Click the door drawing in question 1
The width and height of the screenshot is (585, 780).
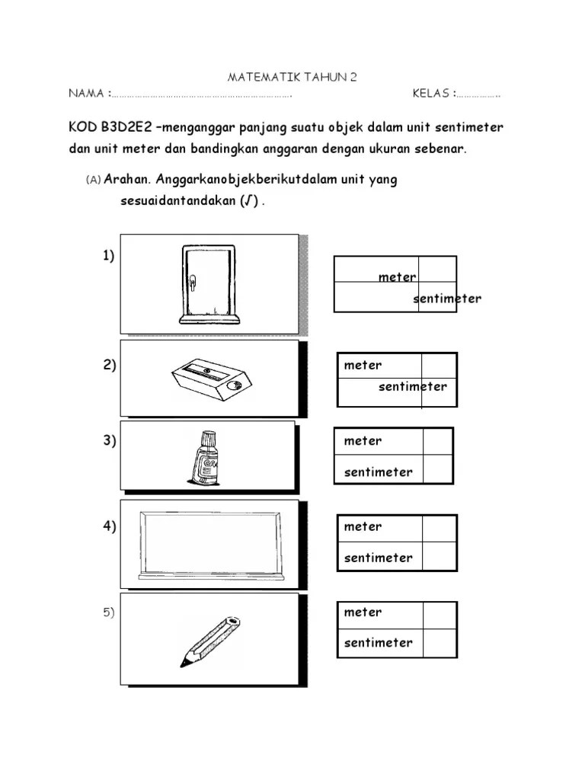206,282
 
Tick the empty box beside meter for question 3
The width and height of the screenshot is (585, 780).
438,442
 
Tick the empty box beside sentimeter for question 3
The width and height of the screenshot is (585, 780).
438,470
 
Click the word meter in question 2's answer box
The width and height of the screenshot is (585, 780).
363,366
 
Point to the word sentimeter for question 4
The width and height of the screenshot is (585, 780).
378,558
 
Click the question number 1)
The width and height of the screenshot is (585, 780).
109,256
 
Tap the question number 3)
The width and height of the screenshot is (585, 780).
109,442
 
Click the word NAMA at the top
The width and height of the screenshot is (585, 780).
86,94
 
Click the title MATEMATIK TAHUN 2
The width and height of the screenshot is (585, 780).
292,78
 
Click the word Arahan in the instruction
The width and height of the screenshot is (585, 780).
128,181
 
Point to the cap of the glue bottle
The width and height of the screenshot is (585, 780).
206,437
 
